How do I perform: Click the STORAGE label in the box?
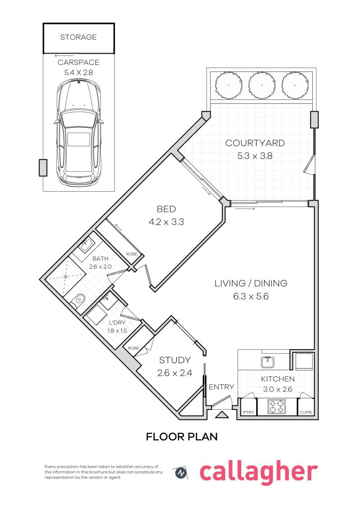78,37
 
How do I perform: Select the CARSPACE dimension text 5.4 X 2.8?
78,72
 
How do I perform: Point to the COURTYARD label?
255,144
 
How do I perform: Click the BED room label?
166,209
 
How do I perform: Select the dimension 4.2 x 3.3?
166,222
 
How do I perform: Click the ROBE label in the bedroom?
132,254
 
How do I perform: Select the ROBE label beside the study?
133,348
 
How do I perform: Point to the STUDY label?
175,360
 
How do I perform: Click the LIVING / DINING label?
251,284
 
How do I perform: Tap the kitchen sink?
267,361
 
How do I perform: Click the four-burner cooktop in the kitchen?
276,407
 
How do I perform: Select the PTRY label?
247,412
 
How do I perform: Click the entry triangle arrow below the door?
221,415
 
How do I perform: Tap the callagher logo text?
258,472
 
